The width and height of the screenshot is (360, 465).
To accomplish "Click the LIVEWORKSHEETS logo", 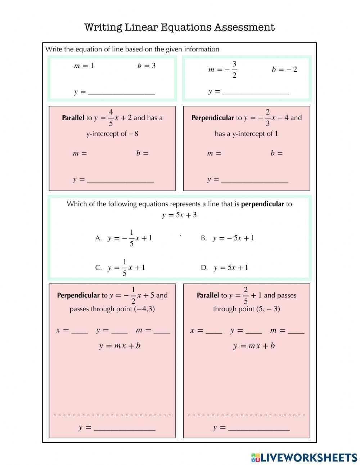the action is [304, 457].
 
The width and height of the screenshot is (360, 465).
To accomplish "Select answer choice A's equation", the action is [130, 238].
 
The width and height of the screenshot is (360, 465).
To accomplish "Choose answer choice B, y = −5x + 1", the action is [233, 238].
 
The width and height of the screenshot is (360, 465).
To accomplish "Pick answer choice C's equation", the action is [126, 268].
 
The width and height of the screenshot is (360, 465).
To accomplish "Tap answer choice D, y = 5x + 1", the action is [231, 268].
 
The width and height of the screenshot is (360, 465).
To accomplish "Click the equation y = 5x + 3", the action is [179, 215].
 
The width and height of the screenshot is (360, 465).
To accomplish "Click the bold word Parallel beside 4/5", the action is [73, 118].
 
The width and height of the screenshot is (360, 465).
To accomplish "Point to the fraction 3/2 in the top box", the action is [234, 70].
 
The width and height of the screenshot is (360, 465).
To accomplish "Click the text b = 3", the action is [147, 66].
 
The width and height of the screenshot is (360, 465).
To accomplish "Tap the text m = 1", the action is [84, 66].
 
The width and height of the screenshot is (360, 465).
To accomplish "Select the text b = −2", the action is [284, 70].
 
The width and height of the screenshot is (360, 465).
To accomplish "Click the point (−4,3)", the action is [144, 309].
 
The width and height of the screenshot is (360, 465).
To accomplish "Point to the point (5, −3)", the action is [268, 309].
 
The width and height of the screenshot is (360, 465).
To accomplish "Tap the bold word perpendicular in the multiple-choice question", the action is [262, 204].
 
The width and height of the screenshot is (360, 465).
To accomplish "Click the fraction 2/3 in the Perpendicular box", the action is [267, 118].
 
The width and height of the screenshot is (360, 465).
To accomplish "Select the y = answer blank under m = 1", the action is [121, 92].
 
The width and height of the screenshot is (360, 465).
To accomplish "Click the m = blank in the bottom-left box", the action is [162, 331].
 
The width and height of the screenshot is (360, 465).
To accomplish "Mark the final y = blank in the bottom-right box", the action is [259, 428].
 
